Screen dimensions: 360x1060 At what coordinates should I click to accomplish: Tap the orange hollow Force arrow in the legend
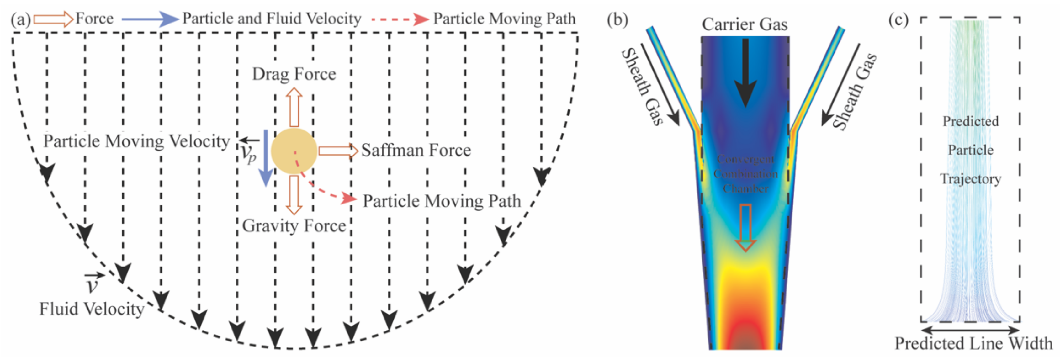53,19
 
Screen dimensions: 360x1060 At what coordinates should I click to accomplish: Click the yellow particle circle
294,151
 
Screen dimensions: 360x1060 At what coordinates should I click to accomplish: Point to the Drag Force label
294,74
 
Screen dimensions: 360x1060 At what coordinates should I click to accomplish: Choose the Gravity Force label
294,225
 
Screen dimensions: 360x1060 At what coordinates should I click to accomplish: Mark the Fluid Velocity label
91,309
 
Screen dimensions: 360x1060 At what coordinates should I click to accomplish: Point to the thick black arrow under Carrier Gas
745,72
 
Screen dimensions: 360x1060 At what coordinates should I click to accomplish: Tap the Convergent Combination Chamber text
745,174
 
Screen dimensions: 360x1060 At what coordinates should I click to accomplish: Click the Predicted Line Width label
973,343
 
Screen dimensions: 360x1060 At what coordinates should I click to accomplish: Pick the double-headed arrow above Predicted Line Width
970,330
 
